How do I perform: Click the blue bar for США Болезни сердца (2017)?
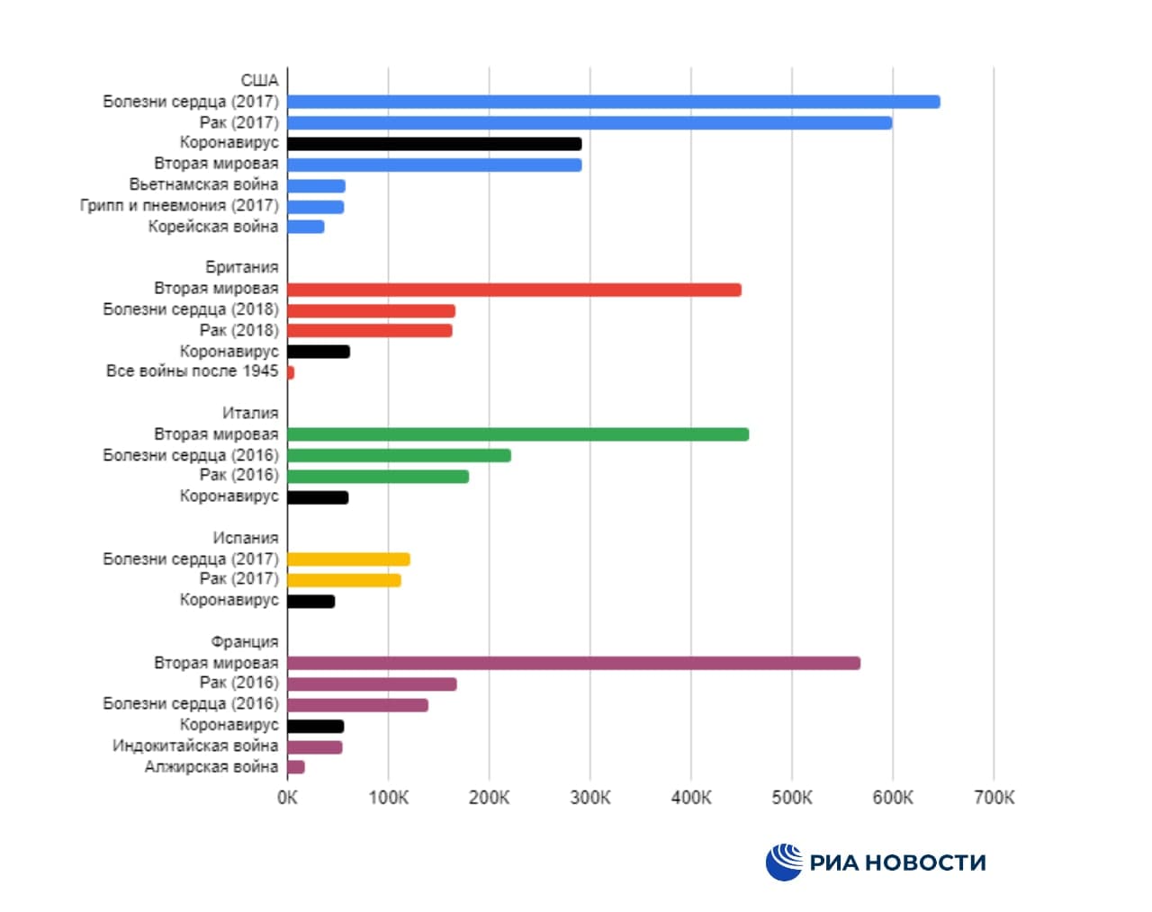pyautogui.click(x=613, y=102)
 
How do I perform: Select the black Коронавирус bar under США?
pyautogui.click(x=435, y=144)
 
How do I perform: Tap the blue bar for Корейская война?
pyautogui.click(x=306, y=227)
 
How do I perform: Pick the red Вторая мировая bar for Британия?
pyautogui.click(x=514, y=290)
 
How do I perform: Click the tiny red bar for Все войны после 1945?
pyautogui.click(x=291, y=372)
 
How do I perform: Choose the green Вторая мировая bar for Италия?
pyautogui.click(x=517, y=434)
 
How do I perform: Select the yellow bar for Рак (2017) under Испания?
pyautogui.click(x=344, y=580)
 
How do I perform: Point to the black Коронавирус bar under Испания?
pyautogui.click(x=311, y=601)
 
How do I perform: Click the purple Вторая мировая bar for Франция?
pyautogui.click(x=573, y=663)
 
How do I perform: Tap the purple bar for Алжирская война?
pyautogui.click(x=296, y=767)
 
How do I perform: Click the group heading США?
pyautogui.click(x=259, y=81)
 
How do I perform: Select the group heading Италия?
pyautogui.click(x=250, y=413)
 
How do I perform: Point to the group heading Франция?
pyautogui.click(x=245, y=642)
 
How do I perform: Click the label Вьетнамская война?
pyautogui.click(x=203, y=184)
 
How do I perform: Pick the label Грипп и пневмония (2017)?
pyautogui.click(x=179, y=206)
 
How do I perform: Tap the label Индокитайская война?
pyautogui.click(x=195, y=746)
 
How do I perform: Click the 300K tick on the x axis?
pyautogui.click(x=590, y=798)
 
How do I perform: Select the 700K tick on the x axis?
pyautogui.click(x=994, y=798)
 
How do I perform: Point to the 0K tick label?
pyautogui.click(x=287, y=798)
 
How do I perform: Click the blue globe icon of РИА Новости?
pyautogui.click(x=784, y=863)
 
